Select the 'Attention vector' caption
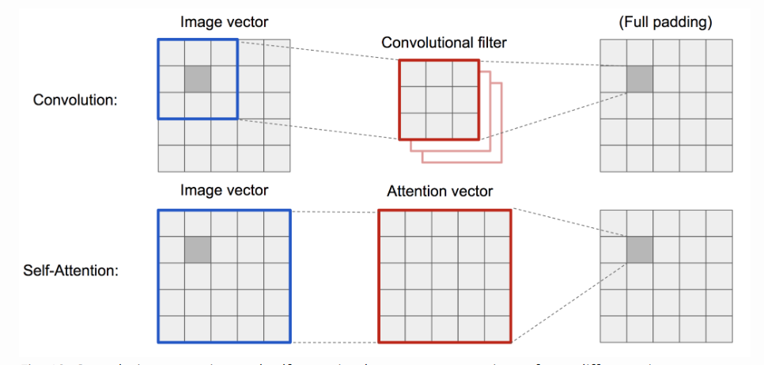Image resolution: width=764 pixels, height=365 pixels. tap(440, 191)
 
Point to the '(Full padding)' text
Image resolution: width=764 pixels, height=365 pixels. tap(665, 22)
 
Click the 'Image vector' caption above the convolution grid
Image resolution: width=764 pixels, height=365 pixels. tap(225, 22)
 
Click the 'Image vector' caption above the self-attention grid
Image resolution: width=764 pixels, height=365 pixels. tap(225, 190)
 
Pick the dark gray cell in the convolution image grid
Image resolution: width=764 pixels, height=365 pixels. tap(198, 79)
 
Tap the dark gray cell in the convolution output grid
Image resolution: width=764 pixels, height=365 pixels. tap(640, 79)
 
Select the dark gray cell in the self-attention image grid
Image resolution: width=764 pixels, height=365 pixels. tap(198, 249)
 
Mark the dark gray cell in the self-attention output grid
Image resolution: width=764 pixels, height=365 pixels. tap(640, 249)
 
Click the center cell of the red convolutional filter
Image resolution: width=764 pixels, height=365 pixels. tap(439, 100)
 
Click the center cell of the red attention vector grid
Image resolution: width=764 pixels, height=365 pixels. tap(445, 276)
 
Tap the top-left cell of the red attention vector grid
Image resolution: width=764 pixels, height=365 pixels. tap(392, 223)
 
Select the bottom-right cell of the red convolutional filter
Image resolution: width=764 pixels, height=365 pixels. tap(465, 126)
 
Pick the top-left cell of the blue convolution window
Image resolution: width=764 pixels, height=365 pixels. tap(172, 53)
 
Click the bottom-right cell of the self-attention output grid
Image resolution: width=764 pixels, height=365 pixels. tap(719, 329)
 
